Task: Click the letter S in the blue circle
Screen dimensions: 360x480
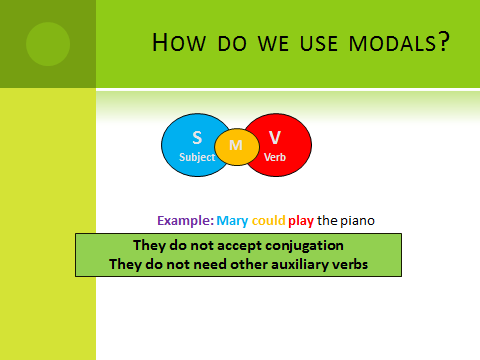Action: (197, 137)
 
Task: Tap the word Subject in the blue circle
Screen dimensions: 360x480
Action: (197, 157)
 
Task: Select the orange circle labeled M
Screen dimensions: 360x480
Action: (237, 146)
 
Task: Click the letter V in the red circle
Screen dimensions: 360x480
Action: (275, 137)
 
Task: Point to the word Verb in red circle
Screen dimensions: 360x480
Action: (275, 157)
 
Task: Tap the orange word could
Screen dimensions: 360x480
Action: (269, 220)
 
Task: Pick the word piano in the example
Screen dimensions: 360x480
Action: (360, 220)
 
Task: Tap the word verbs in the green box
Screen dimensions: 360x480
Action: (346, 264)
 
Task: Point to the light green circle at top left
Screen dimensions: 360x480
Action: (47, 43)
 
